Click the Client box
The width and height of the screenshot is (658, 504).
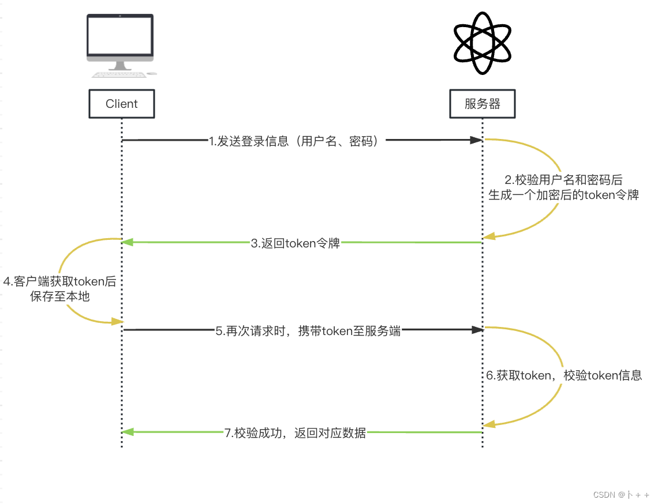122,104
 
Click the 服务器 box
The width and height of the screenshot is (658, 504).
482,104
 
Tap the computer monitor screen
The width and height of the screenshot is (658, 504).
120,35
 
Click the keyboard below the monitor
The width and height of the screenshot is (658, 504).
119,74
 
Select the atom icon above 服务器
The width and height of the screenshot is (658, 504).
483,44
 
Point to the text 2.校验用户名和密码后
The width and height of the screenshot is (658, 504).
563,180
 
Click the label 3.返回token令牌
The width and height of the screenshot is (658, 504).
296,243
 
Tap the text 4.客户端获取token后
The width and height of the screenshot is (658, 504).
60,283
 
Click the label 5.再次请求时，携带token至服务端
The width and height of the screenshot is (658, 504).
308,331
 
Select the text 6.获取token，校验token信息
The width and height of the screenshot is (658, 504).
563,375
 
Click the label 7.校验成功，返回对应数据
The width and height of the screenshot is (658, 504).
295,432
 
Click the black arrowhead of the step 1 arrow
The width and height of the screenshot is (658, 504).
476,140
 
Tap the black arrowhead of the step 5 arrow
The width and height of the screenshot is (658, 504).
477,330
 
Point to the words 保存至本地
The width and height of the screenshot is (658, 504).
60,298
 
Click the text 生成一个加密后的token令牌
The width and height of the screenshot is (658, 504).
563,195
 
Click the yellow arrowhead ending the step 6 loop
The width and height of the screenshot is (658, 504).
489,424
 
